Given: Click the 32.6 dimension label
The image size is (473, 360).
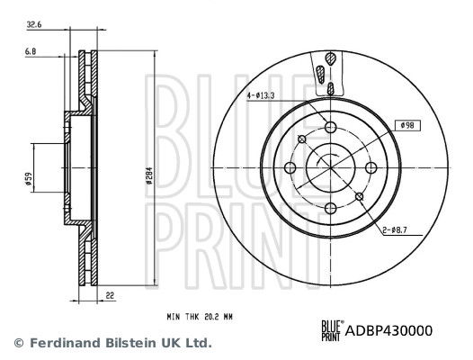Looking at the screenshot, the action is (x=34, y=25).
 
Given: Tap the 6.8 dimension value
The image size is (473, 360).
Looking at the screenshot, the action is (x=31, y=52).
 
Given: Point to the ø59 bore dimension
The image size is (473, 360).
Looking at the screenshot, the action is (x=29, y=179).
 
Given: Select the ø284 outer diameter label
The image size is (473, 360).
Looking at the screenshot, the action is (x=148, y=175).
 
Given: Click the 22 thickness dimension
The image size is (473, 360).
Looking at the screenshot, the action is (x=111, y=296).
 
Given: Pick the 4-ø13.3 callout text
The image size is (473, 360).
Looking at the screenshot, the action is (x=261, y=95).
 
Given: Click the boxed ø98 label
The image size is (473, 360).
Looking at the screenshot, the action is (x=407, y=125).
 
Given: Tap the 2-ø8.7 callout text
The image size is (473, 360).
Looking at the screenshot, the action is (x=395, y=230).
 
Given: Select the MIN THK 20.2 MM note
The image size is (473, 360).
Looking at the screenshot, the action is (x=200, y=317).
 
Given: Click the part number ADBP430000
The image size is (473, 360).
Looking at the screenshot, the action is (x=388, y=330).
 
